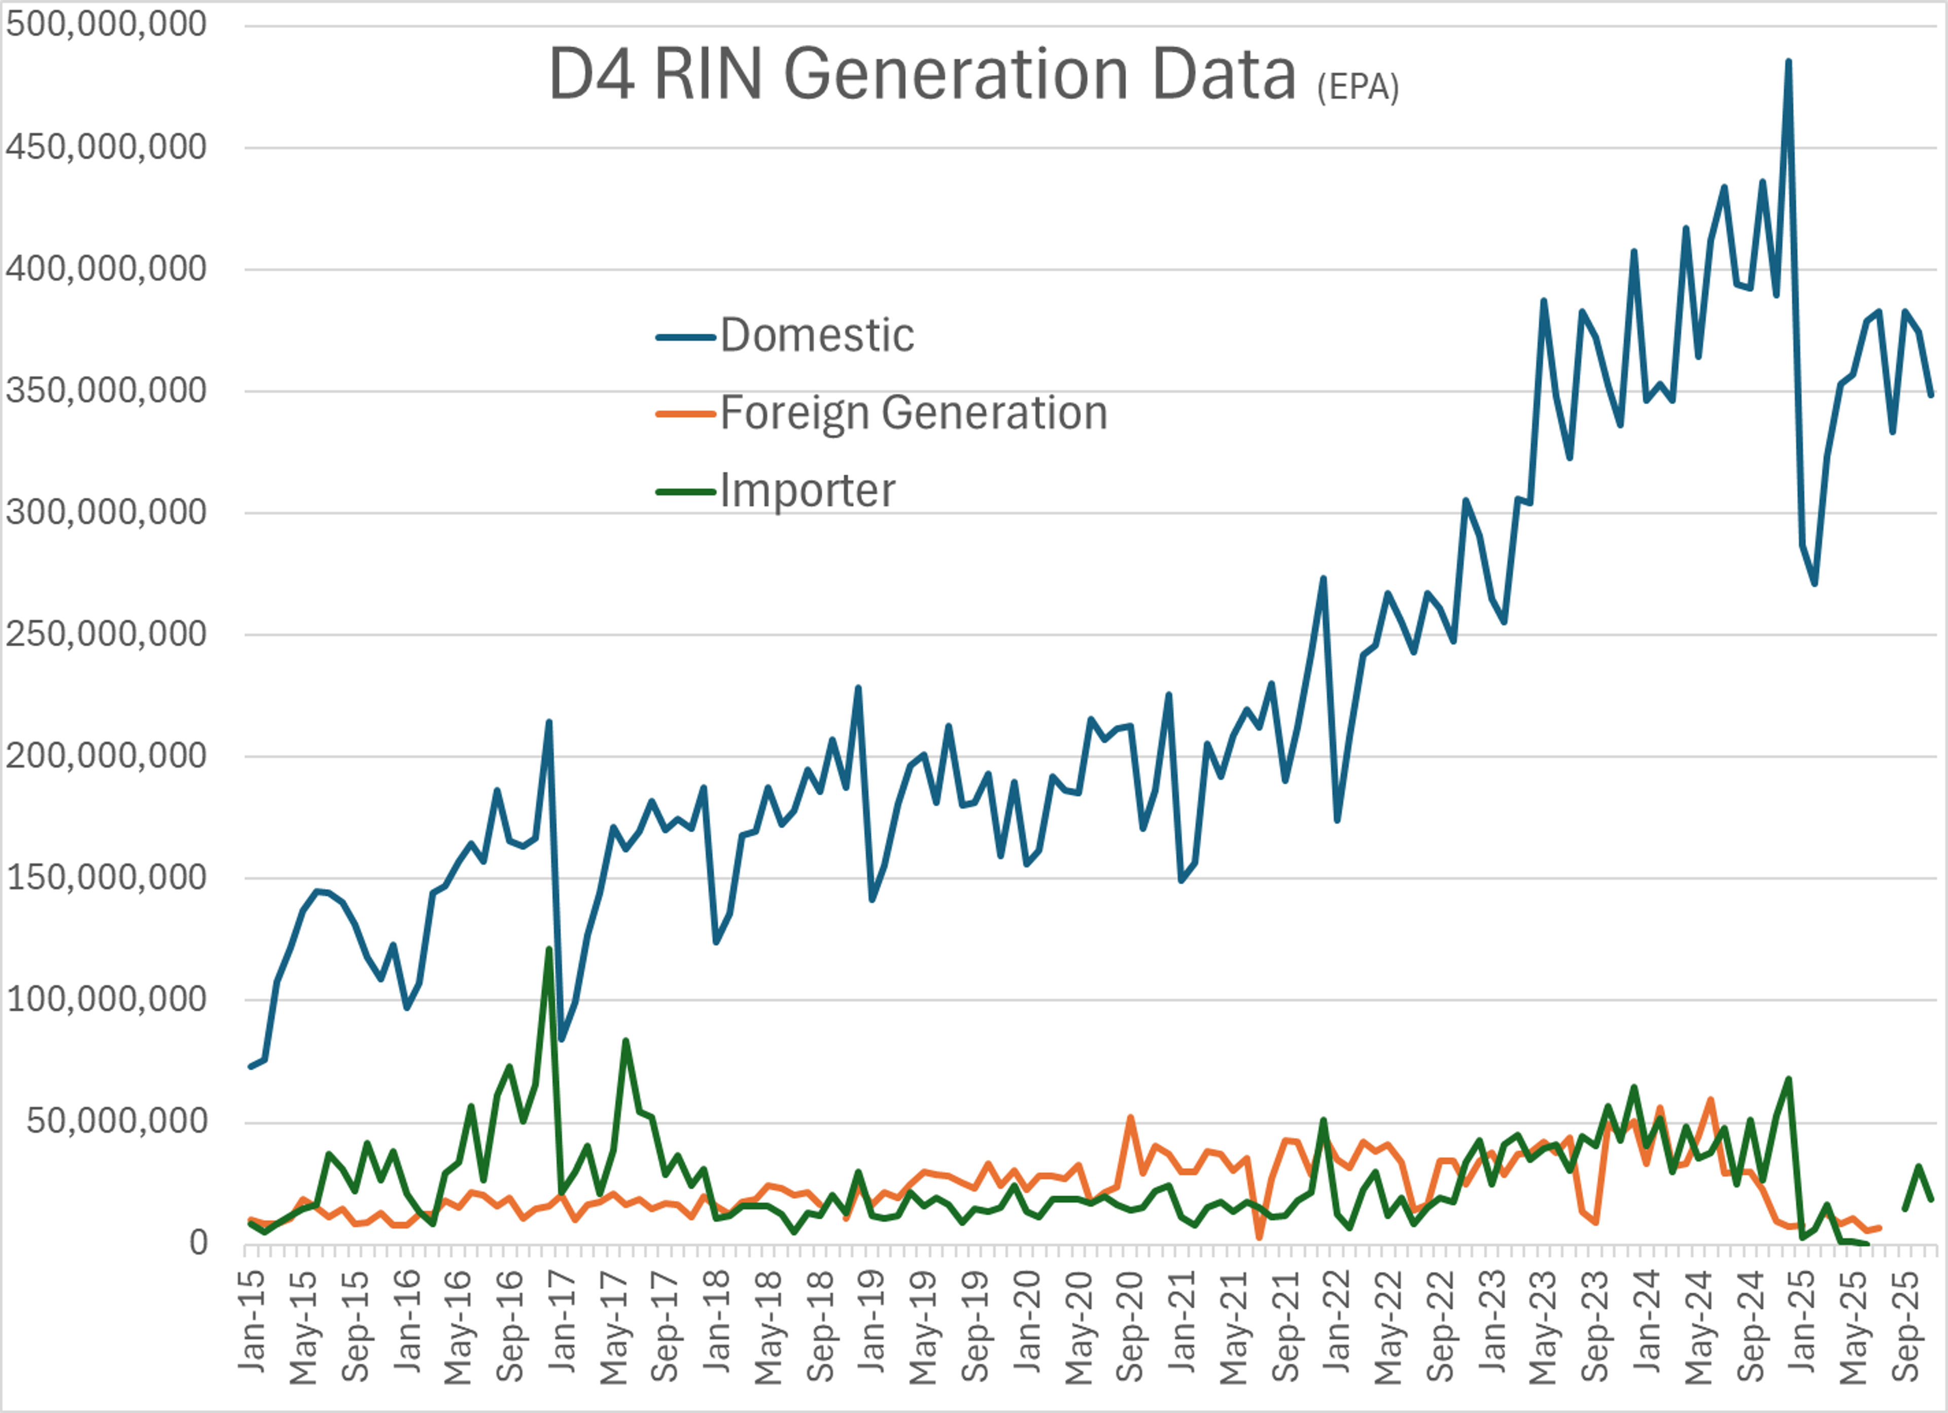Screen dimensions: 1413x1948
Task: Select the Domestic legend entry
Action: pos(816,336)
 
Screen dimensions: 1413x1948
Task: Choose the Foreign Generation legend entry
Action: pos(913,413)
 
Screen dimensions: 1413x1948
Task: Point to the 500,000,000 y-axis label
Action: pos(106,24)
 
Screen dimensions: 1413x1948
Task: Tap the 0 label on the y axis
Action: pos(198,1243)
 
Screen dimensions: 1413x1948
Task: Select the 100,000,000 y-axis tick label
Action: pos(106,1000)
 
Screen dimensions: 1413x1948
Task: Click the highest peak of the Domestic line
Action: pos(1788,62)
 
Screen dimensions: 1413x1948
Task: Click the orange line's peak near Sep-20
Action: pos(1130,1117)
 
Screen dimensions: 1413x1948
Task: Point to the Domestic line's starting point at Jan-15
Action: pos(250,1067)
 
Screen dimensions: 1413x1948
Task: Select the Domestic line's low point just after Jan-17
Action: pos(562,1039)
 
